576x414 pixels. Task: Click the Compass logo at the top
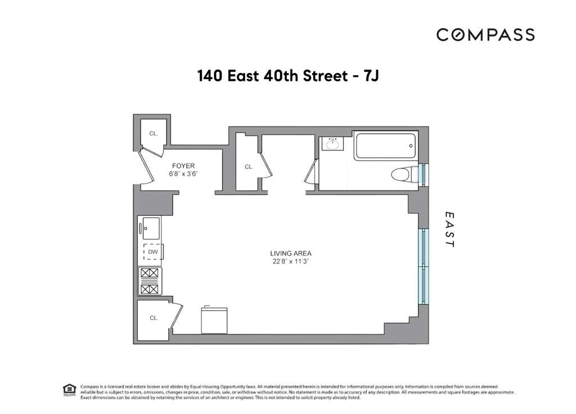(x=485, y=35)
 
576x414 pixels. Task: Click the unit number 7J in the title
(x=370, y=76)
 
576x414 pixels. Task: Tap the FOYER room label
(x=183, y=166)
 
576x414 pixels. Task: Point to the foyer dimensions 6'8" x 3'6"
(x=183, y=174)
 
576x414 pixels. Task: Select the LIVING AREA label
(x=290, y=253)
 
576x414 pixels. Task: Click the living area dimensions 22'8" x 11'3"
(x=290, y=261)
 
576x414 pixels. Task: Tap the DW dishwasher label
(x=152, y=253)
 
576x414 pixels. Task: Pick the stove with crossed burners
(x=150, y=281)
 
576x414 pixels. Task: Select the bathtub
(x=386, y=145)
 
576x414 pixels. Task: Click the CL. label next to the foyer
(x=154, y=134)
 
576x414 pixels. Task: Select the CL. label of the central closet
(x=249, y=167)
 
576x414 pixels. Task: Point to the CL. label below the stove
(x=154, y=318)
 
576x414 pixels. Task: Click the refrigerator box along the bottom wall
(x=215, y=320)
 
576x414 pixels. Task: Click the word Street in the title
(x=317, y=76)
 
